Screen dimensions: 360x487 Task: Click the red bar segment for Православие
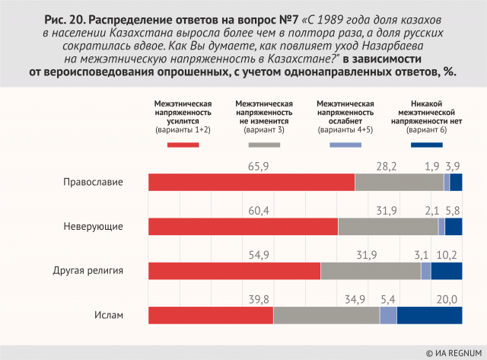coord(251,183)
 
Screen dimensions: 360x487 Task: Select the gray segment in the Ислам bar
coord(326,316)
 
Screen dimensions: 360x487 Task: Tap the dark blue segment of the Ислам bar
coord(429,316)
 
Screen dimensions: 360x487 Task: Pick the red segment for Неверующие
coord(243,227)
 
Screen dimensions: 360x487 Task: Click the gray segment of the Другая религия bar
coord(371,271)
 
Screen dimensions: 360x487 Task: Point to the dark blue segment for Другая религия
coord(447,271)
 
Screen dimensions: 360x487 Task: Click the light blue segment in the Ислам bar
coord(388,316)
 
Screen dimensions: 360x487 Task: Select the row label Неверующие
coord(113,227)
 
